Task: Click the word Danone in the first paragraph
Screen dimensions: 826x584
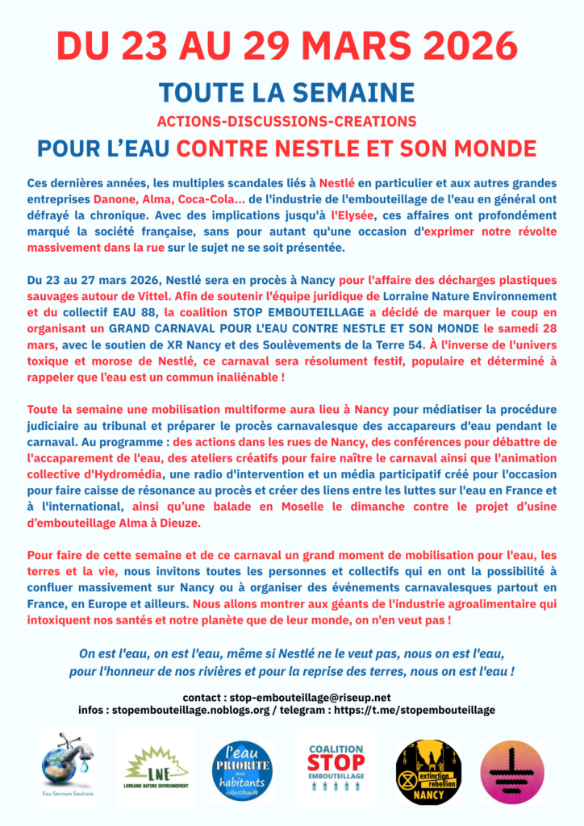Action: (115, 198)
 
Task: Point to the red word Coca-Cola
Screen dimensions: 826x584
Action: (214, 198)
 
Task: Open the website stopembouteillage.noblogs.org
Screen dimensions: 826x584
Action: (208, 711)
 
